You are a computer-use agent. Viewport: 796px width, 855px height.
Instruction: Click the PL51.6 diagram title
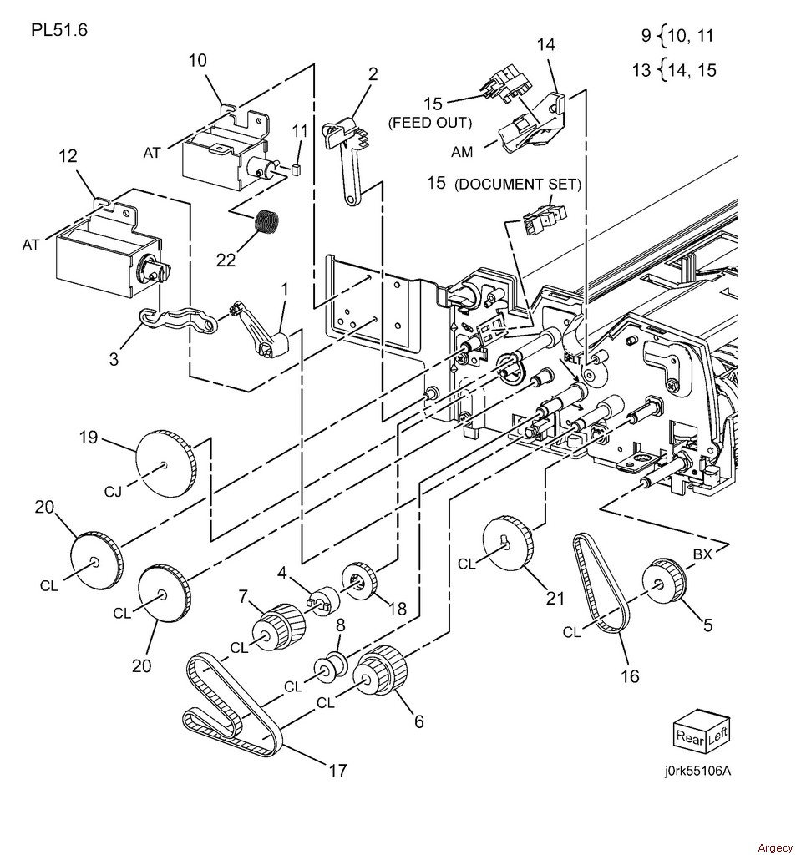[x=59, y=29]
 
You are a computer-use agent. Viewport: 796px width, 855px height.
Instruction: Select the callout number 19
[x=89, y=438]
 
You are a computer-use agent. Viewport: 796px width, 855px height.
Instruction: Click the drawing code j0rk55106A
[x=697, y=771]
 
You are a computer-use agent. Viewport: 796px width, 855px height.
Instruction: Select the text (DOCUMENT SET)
[x=517, y=185]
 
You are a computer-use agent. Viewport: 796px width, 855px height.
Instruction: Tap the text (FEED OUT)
[x=430, y=123]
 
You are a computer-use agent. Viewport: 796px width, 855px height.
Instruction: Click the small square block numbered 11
[x=297, y=169]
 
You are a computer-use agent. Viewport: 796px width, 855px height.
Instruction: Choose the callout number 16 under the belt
[x=630, y=676]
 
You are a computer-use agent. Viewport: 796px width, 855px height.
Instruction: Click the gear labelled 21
[x=508, y=543]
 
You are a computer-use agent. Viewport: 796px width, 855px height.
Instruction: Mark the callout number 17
[x=337, y=770]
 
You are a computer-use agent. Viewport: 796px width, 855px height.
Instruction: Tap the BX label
[x=702, y=554]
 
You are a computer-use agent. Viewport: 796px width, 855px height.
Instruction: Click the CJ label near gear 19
[x=113, y=493]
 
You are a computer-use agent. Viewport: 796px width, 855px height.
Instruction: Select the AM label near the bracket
[x=462, y=152]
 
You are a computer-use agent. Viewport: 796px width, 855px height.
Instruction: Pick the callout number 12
[x=68, y=156]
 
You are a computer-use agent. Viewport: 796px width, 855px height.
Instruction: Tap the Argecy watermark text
[x=775, y=848]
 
